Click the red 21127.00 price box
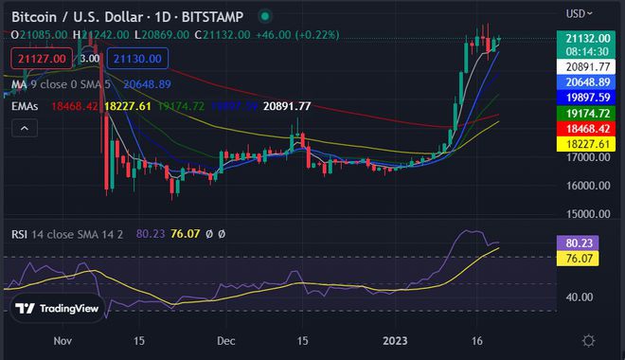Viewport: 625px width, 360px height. [37, 59]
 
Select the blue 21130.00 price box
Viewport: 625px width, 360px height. [138, 59]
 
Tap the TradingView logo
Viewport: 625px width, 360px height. [58, 309]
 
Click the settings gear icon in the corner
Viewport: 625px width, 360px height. [588, 340]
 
